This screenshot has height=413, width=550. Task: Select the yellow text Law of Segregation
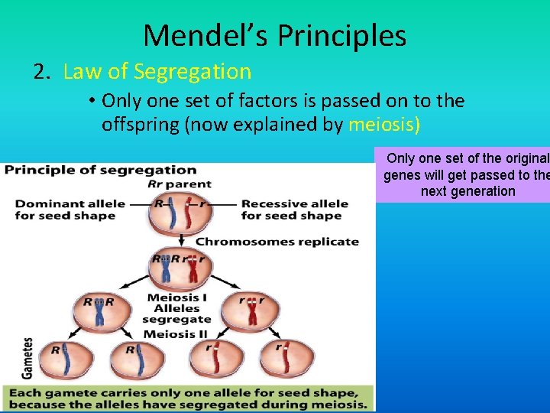point(157,72)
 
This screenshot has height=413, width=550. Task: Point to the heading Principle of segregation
point(101,170)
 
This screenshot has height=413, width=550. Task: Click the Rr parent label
point(178,184)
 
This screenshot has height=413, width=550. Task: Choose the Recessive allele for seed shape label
point(294,210)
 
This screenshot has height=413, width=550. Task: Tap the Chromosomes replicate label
point(277,242)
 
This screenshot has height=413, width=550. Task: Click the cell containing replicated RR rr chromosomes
point(179,267)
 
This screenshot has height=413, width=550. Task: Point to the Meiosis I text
point(176,298)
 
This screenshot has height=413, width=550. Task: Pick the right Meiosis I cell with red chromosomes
point(252,310)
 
